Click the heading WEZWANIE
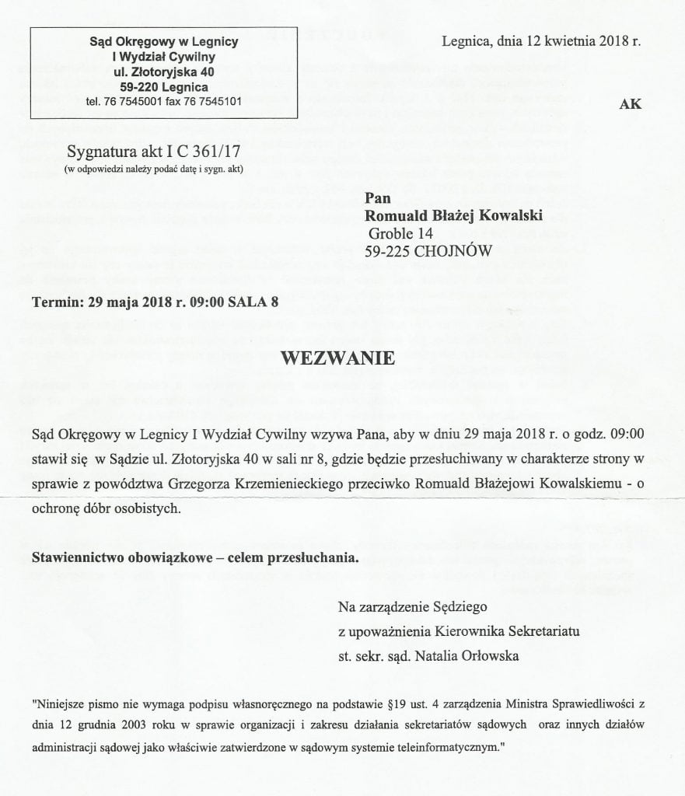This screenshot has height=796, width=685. [338, 359]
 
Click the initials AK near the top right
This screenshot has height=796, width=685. [631, 104]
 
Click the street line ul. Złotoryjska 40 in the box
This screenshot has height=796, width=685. [163, 71]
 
